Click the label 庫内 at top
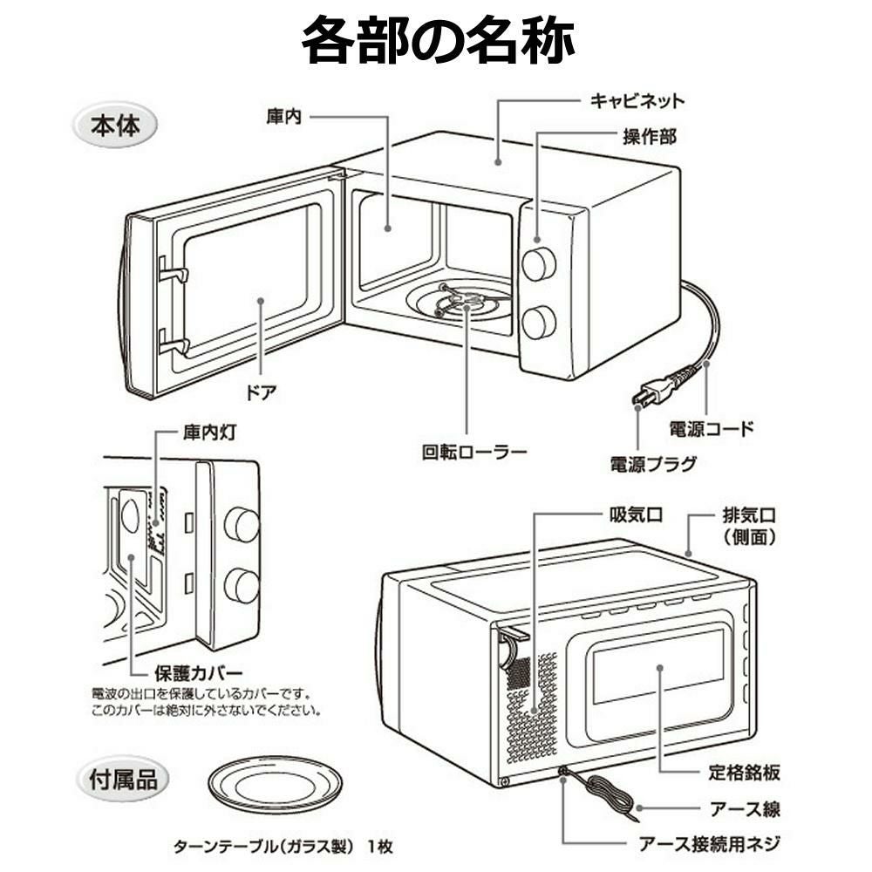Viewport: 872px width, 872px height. [x=283, y=115]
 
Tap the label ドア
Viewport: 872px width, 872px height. [x=261, y=392]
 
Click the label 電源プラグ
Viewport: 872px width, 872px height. [x=653, y=463]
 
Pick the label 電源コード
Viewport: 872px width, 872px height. [x=710, y=429]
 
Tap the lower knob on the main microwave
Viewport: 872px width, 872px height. [x=539, y=322]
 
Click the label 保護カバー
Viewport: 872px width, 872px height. [x=198, y=673]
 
